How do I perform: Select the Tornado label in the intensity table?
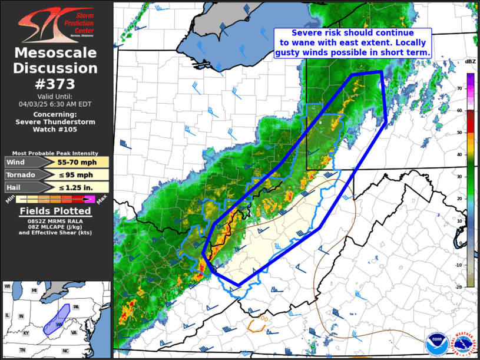21,175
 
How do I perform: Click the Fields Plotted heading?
55,211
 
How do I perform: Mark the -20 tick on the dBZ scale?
459,286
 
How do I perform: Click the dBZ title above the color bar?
470,61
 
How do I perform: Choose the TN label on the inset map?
22,350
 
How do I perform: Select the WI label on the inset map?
8,286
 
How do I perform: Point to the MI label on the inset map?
34,291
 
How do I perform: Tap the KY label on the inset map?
26,333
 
